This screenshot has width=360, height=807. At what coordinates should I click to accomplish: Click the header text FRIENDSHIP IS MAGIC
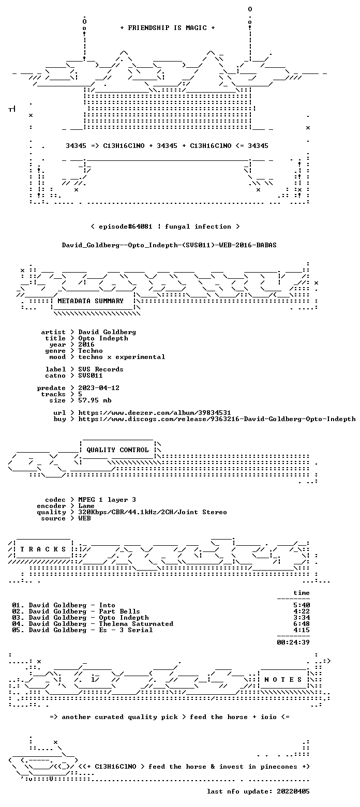[x=167, y=28]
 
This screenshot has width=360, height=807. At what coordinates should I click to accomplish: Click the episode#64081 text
[x=125, y=227]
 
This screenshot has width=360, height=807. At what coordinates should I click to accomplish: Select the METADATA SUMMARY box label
[x=91, y=301]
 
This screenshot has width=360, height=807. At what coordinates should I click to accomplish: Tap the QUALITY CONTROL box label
[x=117, y=450]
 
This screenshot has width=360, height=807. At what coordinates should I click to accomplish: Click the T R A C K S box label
[x=43, y=549]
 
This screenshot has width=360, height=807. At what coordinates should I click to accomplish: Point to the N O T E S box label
[x=283, y=680]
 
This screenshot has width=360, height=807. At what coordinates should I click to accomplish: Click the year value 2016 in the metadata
[x=86, y=345]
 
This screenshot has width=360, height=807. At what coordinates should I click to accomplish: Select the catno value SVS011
[x=91, y=376]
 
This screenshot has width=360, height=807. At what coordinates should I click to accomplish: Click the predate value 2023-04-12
[x=99, y=388]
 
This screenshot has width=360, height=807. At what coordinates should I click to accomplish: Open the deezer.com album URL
[x=155, y=413]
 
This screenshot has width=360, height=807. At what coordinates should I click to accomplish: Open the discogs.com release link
[x=217, y=419]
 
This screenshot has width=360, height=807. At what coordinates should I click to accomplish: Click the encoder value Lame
[x=86, y=506]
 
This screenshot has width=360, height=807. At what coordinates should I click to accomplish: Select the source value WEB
[x=84, y=519]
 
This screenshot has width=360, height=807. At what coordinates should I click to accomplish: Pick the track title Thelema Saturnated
[x=136, y=624]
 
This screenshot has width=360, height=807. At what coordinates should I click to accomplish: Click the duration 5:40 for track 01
[x=302, y=606]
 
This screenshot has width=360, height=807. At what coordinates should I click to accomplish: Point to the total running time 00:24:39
[x=293, y=642]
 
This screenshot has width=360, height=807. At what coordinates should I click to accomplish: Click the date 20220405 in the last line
[x=293, y=791]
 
